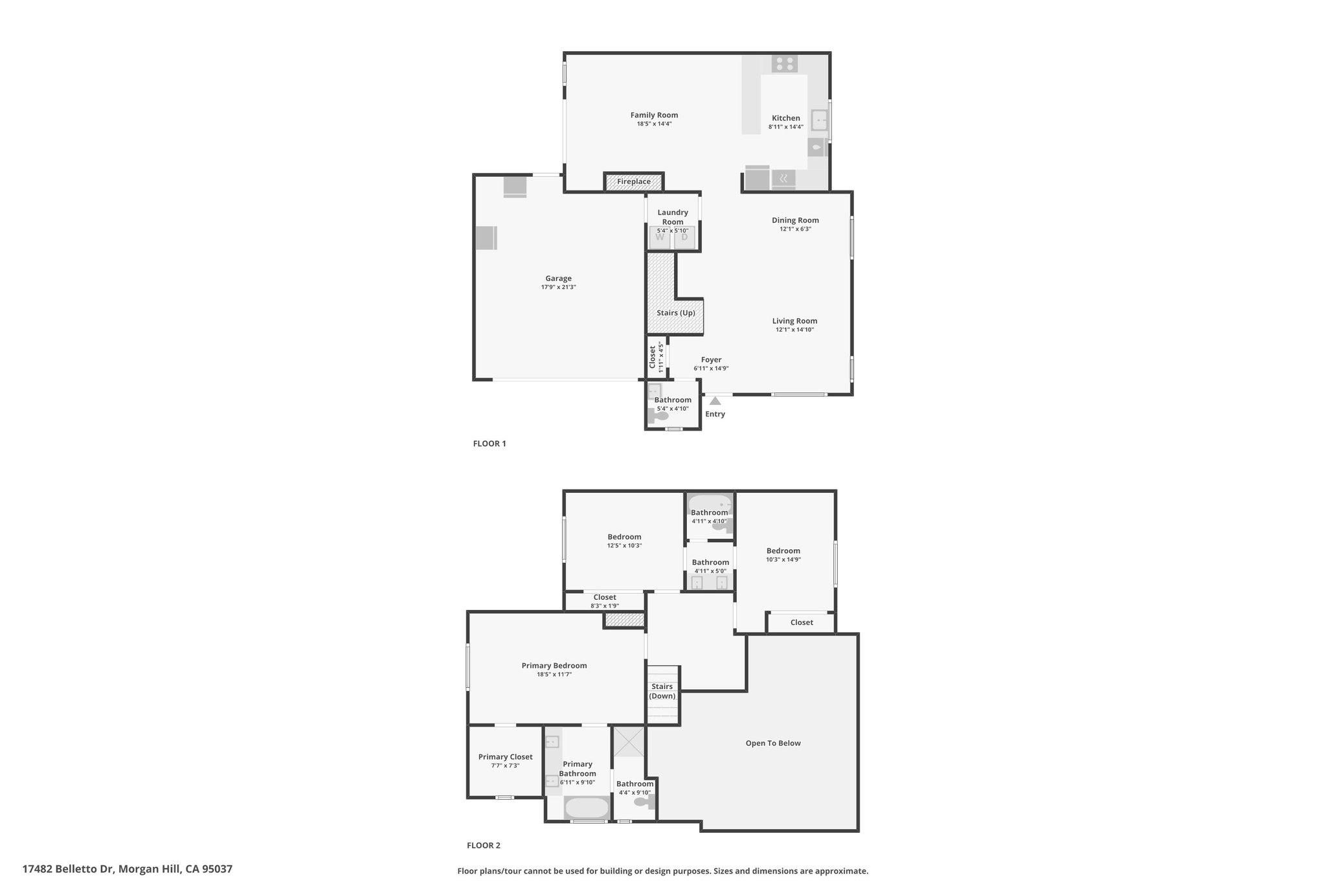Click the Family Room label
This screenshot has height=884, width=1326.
(x=654, y=115)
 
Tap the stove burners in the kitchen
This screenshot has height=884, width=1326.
(x=785, y=64)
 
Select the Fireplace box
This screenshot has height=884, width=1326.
(x=634, y=182)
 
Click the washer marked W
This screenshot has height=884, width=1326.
(x=660, y=237)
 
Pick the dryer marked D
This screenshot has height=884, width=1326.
(x=684, y=237)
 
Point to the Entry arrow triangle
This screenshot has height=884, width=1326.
(x=715, y=401)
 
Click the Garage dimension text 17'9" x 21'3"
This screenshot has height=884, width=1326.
(x=558, y=287)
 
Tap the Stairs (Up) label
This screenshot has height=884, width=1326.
(x=676, y=313)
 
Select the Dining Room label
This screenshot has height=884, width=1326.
(x=795, y=220)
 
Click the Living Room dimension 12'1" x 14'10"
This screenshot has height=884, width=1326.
(x=794, y=330)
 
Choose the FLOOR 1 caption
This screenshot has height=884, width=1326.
(x=489, y=444)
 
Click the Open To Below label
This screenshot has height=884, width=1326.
(x=773, y=743)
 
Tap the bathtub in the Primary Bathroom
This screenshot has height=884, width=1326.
(x=587, y=808)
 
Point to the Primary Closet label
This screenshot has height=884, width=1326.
(x=505, y=756)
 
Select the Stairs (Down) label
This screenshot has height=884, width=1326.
(x=662, y=691)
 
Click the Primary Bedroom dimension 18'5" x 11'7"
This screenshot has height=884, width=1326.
(x=554, y=674)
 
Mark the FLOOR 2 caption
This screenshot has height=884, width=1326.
(x=484, y=845)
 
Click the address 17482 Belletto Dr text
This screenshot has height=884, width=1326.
(x=69, y=869)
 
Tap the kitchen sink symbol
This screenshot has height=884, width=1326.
(x=820, y=120)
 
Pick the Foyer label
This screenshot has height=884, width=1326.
(x=711, y=360)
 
